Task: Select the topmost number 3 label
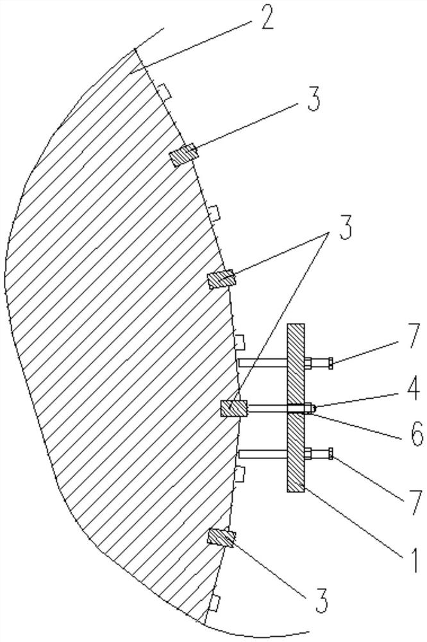(x=314, y=101)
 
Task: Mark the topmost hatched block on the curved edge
(x=183, y=156)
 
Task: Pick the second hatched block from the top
(x=222, y=280)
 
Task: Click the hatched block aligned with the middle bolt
(x=233, y=408)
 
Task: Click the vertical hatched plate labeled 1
(x=296, y=408)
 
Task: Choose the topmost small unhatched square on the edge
(x=165, y=94)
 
